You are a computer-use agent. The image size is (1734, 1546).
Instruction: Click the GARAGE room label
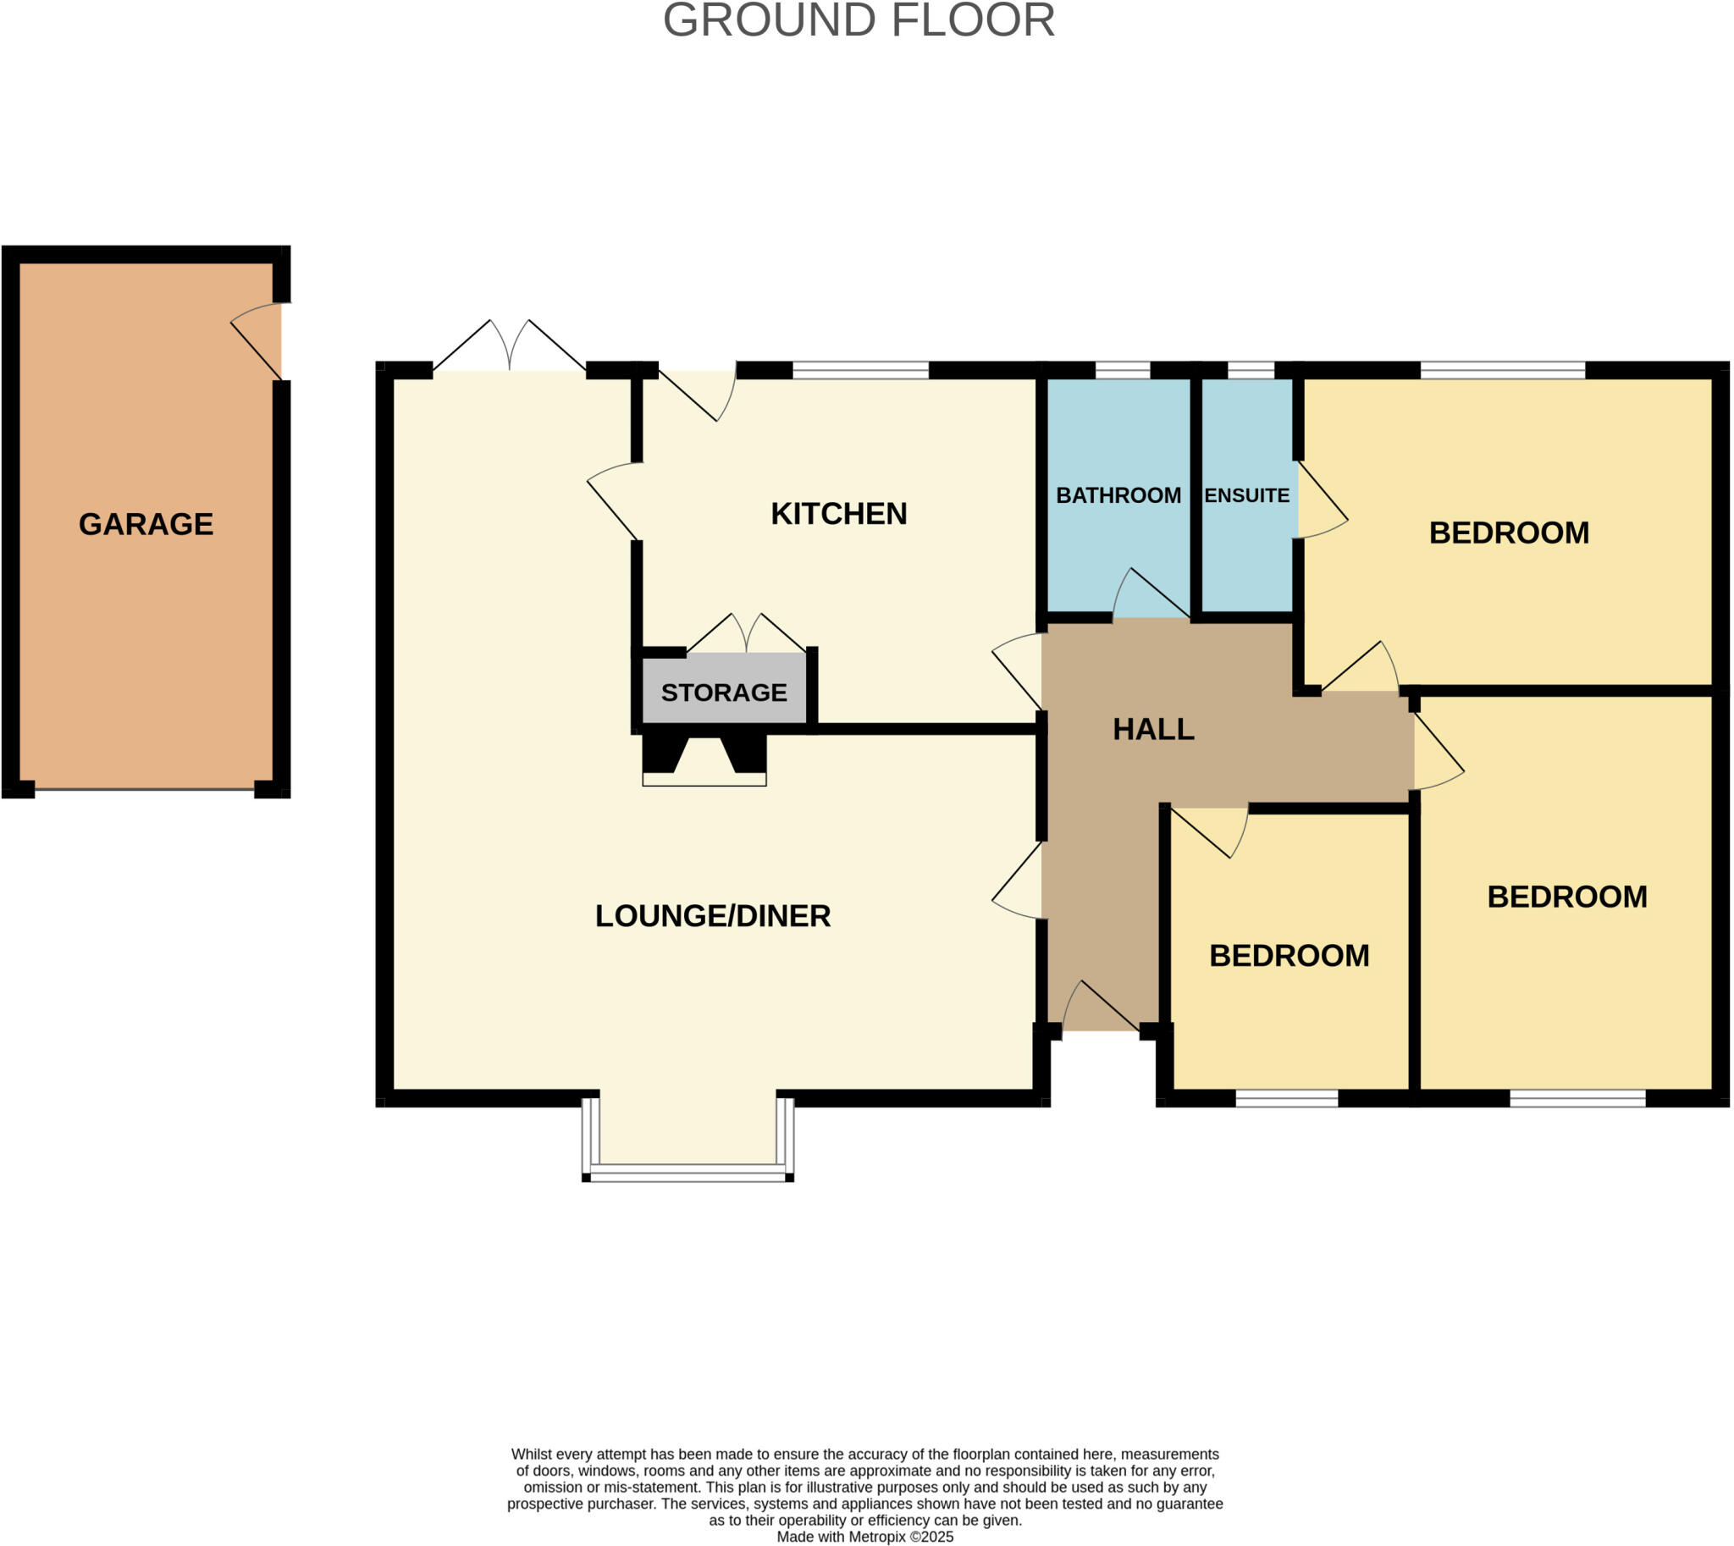tap(146, 524)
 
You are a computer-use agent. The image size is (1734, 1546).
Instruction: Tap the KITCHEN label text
tap(838, 514)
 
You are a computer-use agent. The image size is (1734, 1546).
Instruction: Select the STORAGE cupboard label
tap(724, 693)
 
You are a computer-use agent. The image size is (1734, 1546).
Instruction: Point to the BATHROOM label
tap(1118, 495)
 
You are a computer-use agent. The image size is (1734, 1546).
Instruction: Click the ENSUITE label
tap(1246, 495)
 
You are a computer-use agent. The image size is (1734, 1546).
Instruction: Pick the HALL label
tap(1153, 729)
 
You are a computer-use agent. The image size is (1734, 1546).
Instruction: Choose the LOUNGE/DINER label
tap(713, 916)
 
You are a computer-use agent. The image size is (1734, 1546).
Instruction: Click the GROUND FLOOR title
tap(858, 20)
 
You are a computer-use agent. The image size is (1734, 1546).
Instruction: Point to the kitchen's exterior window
tap(859, 369)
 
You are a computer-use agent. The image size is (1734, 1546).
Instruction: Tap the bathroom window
tap(1123, 369)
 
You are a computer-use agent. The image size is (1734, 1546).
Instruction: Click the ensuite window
tap(1251, 369)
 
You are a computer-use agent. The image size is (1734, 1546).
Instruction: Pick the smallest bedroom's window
tap(1286, 1098)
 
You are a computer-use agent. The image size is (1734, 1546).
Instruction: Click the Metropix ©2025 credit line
tap(864, 1537)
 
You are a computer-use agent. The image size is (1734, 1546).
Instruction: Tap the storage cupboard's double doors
tap(746, 634)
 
